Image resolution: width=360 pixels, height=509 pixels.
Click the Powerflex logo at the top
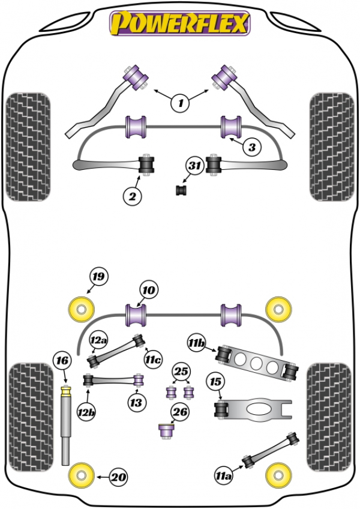coord(180,23)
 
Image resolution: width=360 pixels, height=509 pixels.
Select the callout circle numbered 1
coord(181,103)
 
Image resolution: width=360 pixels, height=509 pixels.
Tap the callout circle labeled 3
coord(252,148)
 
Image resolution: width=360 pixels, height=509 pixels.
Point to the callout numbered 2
coord(132,196)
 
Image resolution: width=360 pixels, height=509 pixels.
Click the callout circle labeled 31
coord(195,166)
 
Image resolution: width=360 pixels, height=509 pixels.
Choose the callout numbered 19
coord(98,277)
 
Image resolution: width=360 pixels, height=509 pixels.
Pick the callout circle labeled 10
coord(149,290)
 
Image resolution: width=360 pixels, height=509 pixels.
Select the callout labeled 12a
coord(98,340)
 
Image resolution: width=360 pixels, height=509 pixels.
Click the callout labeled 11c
coord(153,360)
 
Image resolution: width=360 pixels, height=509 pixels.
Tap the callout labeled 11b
coord(196,343)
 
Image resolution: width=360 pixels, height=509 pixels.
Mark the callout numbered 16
coord(62,360)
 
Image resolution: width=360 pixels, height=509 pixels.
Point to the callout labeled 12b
coord(86,412)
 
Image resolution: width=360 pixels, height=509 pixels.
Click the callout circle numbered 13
coord(136,403)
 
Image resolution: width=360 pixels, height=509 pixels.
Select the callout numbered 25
coord(181,371)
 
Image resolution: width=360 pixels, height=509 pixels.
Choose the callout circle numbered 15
coord(215,382)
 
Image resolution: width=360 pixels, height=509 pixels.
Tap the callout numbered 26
coord(180,412)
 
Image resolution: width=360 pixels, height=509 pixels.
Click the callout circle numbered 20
coord(118,477)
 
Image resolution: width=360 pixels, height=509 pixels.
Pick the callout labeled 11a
coord(224,476)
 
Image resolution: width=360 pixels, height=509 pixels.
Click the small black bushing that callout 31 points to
coord(181,190)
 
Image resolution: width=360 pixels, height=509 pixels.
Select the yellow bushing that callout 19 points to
coord(81,309)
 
